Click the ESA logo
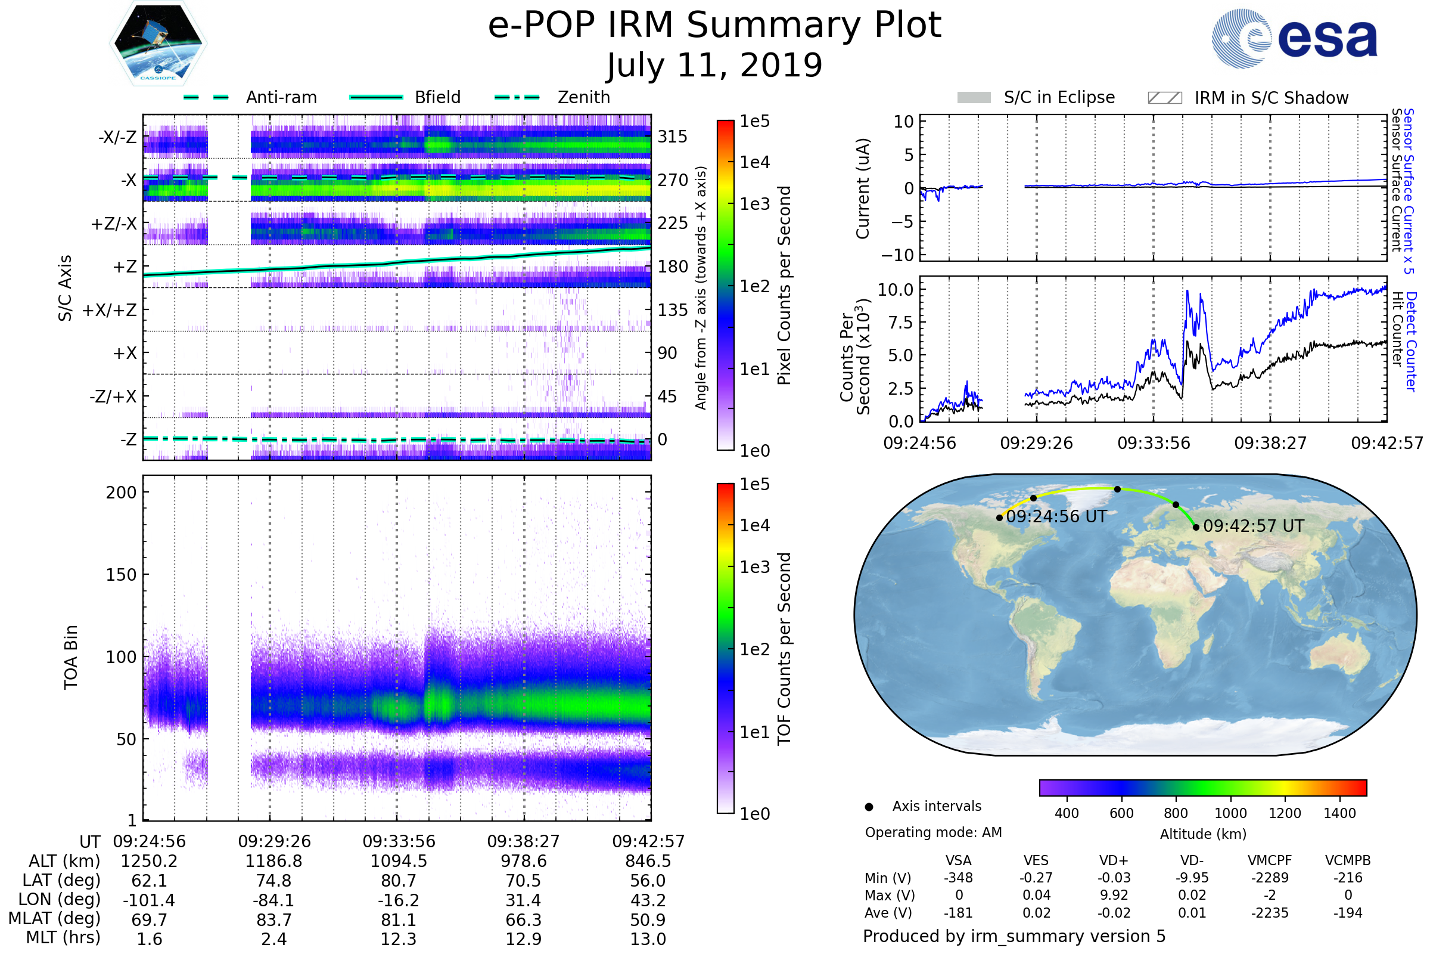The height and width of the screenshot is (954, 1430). click(1294, 38)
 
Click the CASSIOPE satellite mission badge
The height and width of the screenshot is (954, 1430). click(158, 42)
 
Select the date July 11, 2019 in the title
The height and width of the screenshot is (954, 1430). click(714, 65)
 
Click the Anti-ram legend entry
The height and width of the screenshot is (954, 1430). click(250, 97)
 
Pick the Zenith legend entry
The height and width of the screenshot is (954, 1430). click(552, 97)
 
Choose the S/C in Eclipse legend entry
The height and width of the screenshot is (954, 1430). click(1036, 97)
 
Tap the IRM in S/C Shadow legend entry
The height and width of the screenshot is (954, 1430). click(1248, 97)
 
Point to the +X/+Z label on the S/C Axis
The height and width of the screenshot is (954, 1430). click(110, 310)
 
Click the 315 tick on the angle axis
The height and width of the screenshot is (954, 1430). click(673, 137)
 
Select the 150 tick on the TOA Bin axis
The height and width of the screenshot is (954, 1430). click(122, 575)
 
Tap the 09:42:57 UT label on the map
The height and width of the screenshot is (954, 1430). click(1254, 526)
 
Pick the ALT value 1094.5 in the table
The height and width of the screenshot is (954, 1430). click(399, 862)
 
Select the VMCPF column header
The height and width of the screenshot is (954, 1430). click(1270, 861)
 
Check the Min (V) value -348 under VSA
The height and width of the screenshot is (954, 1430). click(958, 878)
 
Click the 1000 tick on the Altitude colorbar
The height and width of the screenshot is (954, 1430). click(1230, 813)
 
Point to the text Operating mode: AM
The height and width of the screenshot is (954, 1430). click(933, 832)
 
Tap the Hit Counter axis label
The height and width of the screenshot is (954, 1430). click(1397, 329)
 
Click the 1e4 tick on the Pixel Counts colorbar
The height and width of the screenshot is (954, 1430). click(754, 162)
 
